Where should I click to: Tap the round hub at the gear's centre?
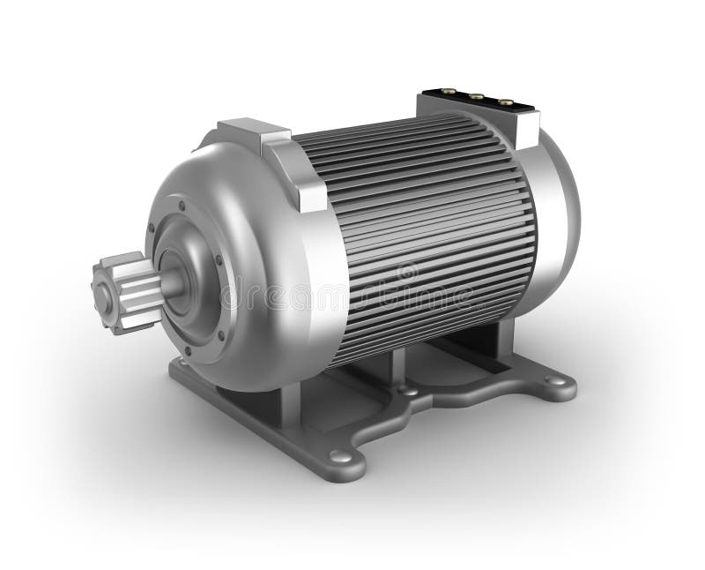103,298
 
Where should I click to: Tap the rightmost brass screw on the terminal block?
506,101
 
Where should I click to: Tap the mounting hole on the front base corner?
340,457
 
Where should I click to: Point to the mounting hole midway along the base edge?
406,389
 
